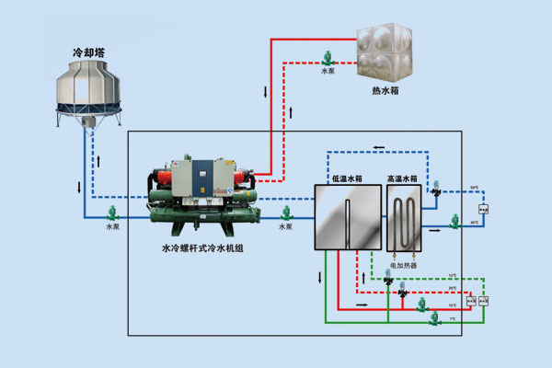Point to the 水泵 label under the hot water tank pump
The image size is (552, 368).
click(328, 69)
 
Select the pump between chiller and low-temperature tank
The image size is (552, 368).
click(286, 213)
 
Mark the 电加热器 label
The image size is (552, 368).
click(404, 264)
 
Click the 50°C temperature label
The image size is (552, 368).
click(475, 189)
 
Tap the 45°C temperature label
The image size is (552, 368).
click(475, 222)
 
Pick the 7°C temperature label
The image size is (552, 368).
click(452, 318)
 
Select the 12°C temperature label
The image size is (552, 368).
click(452, 275)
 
